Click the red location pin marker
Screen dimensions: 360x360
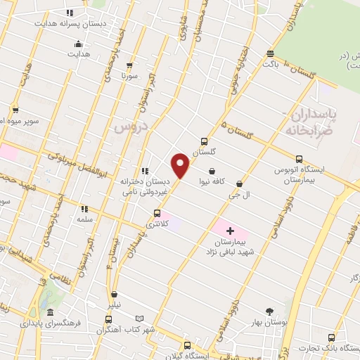181,165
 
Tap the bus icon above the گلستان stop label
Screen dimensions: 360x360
204,141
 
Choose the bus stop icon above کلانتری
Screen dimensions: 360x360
156,213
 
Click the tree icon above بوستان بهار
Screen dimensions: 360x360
269,311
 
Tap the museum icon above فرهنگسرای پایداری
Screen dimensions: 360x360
50,313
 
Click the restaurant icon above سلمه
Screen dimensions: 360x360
84,209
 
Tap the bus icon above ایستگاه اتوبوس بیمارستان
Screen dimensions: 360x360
299,159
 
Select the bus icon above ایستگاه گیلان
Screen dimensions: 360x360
186,345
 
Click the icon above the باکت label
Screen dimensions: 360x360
270,53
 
